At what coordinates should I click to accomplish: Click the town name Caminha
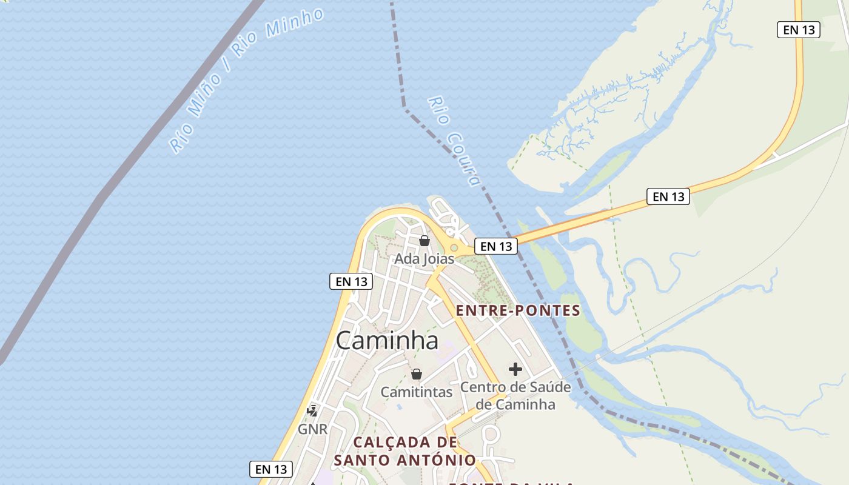click(x=387, y=341)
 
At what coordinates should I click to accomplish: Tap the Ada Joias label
click(x=424, y=259)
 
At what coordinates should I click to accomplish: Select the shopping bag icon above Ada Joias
click(x=424, y=241)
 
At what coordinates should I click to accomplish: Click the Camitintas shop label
click(x=416, y=392)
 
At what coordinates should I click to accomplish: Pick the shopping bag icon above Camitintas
click(x=416, y=374)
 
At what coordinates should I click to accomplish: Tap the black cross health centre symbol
click(x=515, y=369)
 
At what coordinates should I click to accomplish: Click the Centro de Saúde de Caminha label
click(x=515, y=395)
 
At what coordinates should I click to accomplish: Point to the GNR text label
click(x=313, y=429)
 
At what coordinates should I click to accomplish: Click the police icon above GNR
click(x=313, y=411)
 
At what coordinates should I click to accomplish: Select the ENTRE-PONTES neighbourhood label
click(x=518, y=311)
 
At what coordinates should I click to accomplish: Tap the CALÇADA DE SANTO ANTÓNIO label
click(x=405, y=451)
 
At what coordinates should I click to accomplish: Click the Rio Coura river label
click(x=454, y=141)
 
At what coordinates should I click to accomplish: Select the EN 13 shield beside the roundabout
click(x=496, y=246)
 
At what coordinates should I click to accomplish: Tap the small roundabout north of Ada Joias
click(x=454, y=247)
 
